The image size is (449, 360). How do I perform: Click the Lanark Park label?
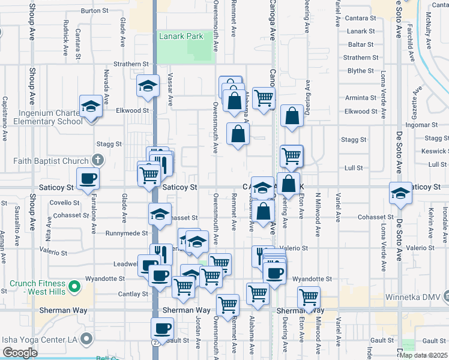coord(181,37)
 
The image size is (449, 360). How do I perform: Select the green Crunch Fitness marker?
coord(74,287)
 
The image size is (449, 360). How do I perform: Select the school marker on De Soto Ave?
coord(400,194)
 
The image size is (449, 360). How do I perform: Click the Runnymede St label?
coord(126,233)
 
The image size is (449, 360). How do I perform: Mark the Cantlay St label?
coord(133,294)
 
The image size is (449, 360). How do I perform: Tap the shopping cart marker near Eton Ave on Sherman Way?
coord(309,296)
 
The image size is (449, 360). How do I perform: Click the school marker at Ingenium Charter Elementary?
coord(91,106)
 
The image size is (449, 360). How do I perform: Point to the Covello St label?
coord(60,203)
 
